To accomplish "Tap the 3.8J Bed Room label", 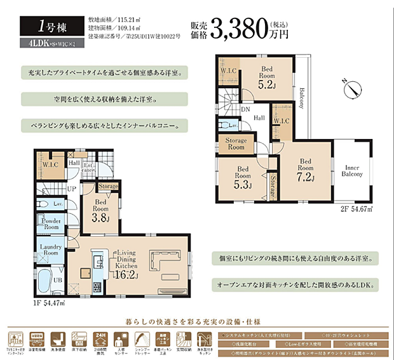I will click(x=100, y=211).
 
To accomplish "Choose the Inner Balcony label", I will click(x=351, y=170).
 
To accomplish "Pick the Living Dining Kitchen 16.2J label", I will click(x=127, y=263).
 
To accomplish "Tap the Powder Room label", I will click(x=50, y=223).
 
